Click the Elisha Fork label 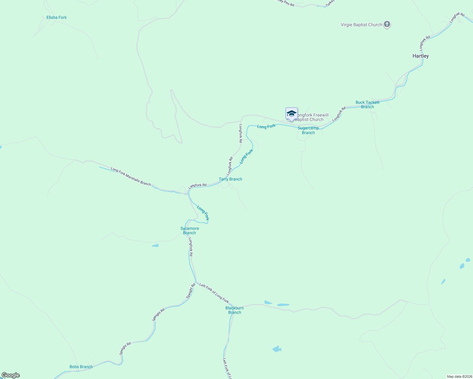[57, 17]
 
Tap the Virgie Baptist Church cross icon [387, 24]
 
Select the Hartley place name [421, 56]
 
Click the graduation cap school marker [291, 114]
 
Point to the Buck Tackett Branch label [367, 105]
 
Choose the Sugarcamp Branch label [308, 130]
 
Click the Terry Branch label [230, 179]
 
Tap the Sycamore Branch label [190, 231]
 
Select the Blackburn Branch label [235, 310]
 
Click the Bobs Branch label [81, 367]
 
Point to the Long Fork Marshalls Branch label [131, 176]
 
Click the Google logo [10, 375]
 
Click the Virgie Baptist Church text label [361, 25]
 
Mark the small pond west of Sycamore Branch [155, 245]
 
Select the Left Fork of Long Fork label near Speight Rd [214, 293]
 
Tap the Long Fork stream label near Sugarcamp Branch [266, 126]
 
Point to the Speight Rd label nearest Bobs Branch [125, 348]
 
